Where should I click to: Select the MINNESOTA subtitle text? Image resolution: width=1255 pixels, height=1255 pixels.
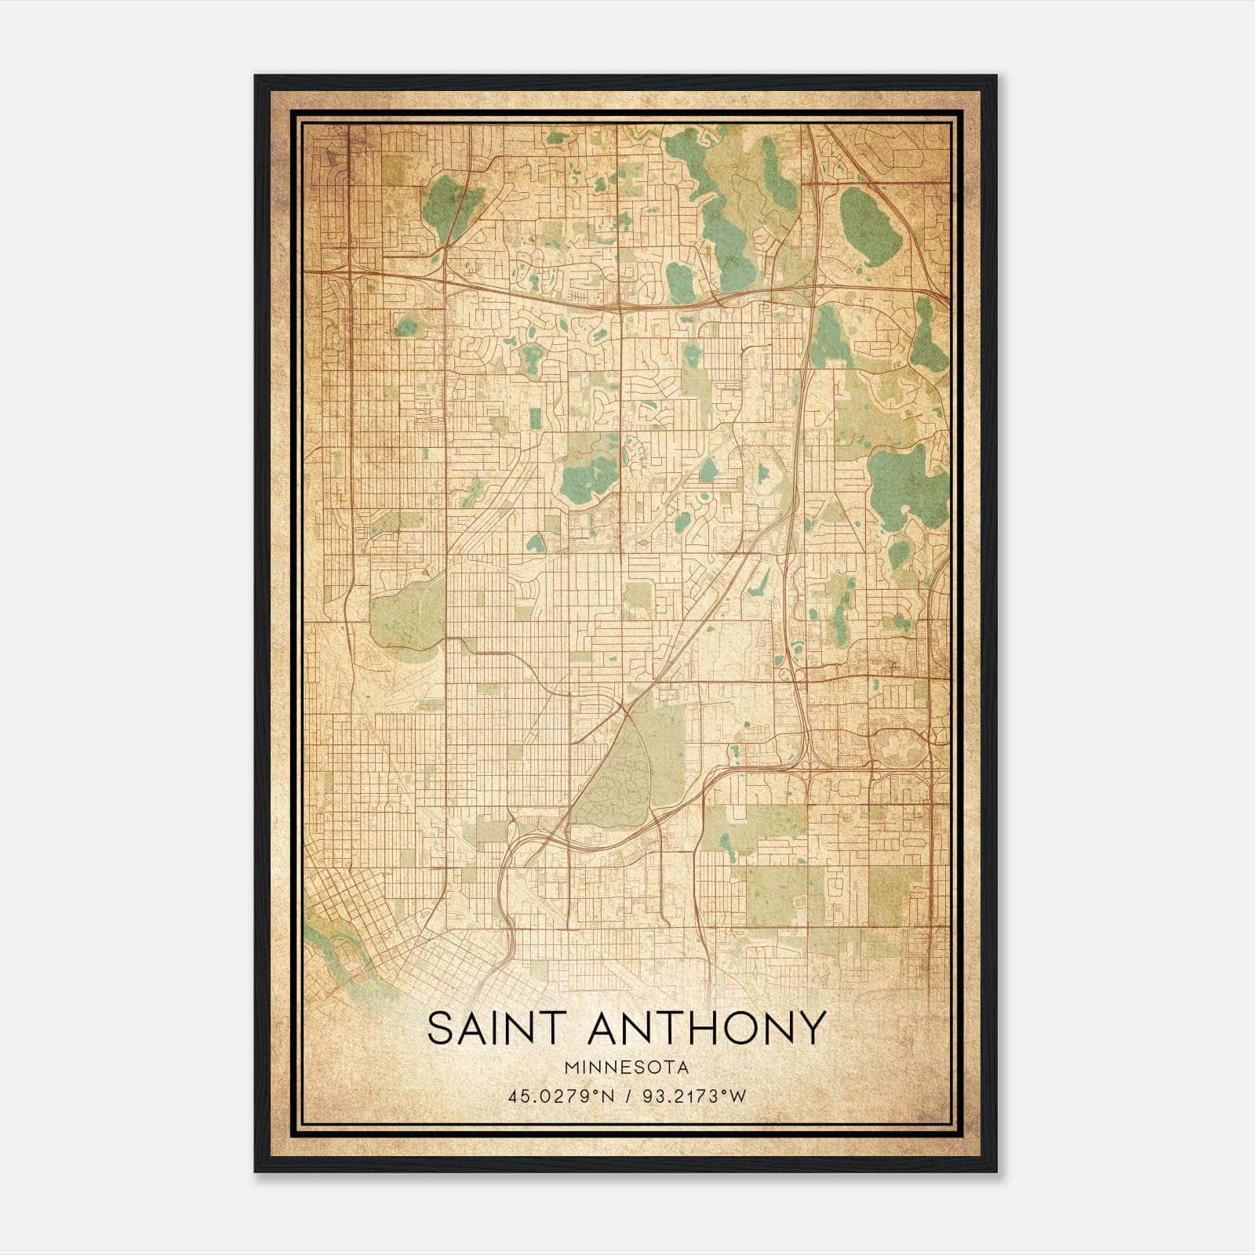pyautogui.click(x=627, y=1068)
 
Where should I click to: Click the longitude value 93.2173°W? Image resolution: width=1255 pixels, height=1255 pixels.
pyautogui.click(x=694, y=1097)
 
